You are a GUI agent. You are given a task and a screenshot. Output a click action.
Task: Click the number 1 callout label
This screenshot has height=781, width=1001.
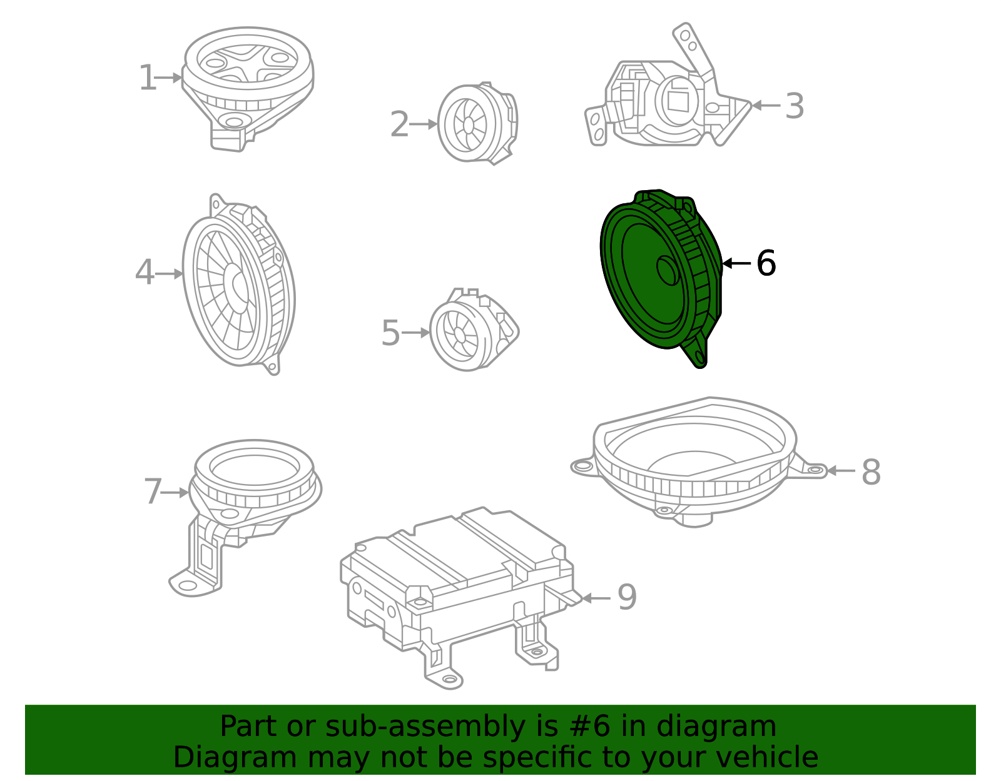click(148, 78)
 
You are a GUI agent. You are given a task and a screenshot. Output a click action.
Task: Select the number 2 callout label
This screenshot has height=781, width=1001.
click(399, 124)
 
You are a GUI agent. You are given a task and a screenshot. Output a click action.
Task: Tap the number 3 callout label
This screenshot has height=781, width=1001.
click(795, 106)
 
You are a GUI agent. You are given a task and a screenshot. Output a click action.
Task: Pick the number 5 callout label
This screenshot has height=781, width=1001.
click(390, 333)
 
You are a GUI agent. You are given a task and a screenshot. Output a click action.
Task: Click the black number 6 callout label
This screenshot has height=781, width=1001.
click(766, 263)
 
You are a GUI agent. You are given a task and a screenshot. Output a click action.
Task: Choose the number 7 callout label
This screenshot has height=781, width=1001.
click(153, 491)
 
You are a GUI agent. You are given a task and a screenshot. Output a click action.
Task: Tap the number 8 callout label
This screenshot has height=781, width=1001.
click(871, 471)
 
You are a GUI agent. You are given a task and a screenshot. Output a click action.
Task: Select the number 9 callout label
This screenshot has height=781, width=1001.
click(627, 597)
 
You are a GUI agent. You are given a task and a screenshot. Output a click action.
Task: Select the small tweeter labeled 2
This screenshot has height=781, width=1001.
click(477, 123)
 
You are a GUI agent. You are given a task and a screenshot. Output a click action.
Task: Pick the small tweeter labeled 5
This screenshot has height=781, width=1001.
click(474, 330)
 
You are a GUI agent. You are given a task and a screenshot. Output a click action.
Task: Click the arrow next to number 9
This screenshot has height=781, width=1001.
click(596, 598)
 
